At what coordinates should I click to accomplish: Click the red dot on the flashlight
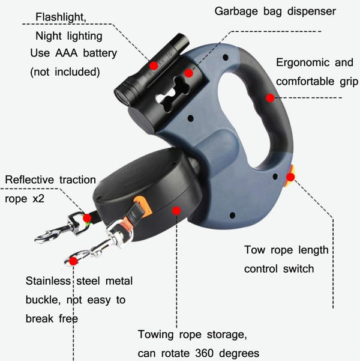[x=154, y=66]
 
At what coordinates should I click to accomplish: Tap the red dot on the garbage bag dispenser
[x=188, y=73]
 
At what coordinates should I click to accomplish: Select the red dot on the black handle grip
[x=270, y=98]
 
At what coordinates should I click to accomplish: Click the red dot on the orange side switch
[x=290, y=177]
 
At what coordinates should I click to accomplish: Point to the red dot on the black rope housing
[x=176, y=210]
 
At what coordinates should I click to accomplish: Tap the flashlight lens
[x=121, y=96]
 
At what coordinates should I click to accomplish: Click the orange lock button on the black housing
[x=143, y=207]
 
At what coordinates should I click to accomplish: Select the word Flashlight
[x=61, y=17]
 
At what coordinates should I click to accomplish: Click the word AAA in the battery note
[x=66, y=53]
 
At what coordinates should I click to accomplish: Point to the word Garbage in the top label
[x=236, y=11]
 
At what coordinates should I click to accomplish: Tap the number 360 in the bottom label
[x=204, y=353]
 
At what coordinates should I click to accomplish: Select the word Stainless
[x=48, y=281]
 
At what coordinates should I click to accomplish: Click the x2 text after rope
[x=38, y=199]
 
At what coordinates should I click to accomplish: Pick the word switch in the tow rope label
[x=298, y=269]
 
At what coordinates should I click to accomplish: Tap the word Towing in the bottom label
[x=156, y=335]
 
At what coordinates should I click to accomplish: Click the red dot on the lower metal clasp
[x=73, y=261]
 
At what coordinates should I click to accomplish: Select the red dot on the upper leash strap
[x=87, y=218]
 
